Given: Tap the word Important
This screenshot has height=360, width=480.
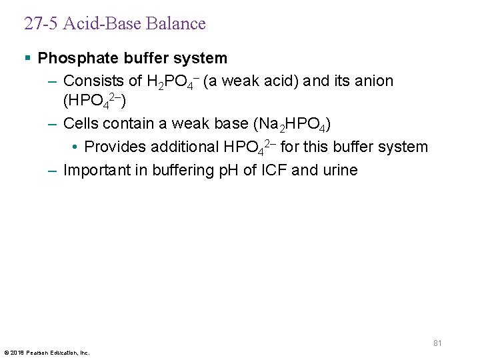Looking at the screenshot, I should [95, 170].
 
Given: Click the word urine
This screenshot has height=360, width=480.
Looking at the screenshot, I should [339, 170].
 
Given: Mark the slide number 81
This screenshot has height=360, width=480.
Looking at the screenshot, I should [437, 343].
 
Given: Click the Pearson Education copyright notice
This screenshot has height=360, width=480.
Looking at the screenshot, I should [47, 352].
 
